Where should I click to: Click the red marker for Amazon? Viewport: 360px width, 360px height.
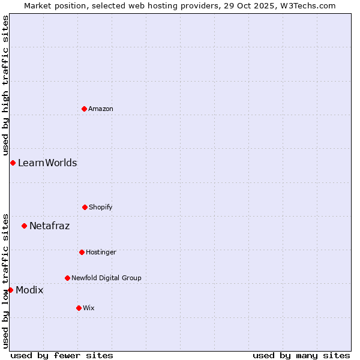coord(85,109)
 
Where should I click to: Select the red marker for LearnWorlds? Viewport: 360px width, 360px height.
coord(13,163)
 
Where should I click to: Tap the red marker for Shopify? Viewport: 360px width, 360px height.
coord(85,207)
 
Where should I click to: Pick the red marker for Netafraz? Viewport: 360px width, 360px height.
coord(24,226)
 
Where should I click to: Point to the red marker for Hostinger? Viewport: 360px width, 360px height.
coord(82,252)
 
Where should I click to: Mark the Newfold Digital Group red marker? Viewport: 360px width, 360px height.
coord(67,278)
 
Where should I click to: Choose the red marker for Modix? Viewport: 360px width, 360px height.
coord(10,290)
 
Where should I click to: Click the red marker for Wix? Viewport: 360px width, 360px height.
coord(79,308)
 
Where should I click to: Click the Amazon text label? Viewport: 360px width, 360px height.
coord(101,109)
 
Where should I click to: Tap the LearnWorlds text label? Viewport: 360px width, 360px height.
coord(47,163)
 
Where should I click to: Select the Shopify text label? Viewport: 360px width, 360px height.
coord(101,207)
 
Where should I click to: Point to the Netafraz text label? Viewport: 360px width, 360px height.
coord(49,226)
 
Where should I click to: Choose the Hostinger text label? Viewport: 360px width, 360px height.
coord(101,252)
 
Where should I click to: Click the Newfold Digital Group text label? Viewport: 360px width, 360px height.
coord(106,278)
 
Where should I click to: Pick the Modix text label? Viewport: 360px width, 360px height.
coord(29,290)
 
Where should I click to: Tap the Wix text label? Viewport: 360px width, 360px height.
coord(89,308)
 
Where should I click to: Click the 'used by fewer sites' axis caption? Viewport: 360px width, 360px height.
coord(62,355)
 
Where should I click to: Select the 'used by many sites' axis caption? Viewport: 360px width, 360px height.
coord(301,355)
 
